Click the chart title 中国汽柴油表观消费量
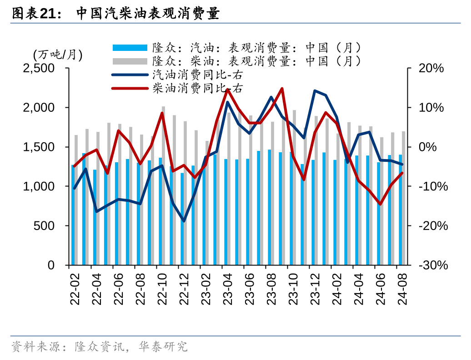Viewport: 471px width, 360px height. coord(148,14)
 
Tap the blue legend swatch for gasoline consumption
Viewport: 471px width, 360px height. coord(130,48)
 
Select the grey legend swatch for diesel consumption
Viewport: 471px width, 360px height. coord(130,61)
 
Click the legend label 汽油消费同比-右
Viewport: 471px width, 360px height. coord(197,74)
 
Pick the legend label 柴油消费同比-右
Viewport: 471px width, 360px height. coord(197,88)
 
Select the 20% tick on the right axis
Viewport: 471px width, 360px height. coord(431,68)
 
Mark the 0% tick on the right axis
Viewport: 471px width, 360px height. coord(427,147)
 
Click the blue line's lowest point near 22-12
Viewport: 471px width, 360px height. coord(184,221)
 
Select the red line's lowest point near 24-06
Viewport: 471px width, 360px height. coord(380,204)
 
